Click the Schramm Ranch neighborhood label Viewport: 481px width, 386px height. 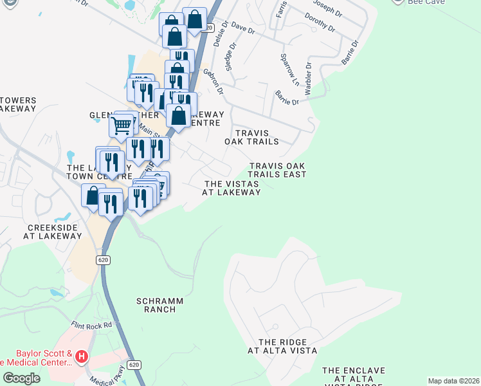pyautogui.click(x=160, y=305)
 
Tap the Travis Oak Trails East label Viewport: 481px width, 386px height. pyautogui.click(x=277, y=170)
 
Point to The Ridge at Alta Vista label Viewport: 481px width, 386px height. pyautogui.click(x=283, y=346)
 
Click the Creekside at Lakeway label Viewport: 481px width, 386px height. pyautogui.click(x=53, y=232)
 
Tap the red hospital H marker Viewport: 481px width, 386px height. pyautogui.click(x=82, y=355)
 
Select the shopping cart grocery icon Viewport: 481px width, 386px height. pyautogui.click(x=122, y=125)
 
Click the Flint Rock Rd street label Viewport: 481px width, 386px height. pyautogui.click(x=91, y=326)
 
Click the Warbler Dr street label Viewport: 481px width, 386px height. pyautogui.click(x=308, y=78)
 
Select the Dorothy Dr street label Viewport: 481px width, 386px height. pyautogui.click(x=320, y=23)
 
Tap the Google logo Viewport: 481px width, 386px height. pyautogui.click(x=21, y=378)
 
